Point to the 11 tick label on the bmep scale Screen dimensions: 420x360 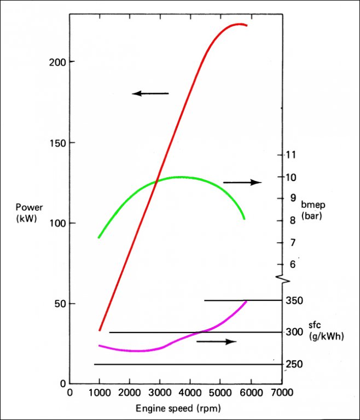pyautogui.click(x=290, y=155)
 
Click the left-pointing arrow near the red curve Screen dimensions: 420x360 pyautogui.click(x=150, y=94)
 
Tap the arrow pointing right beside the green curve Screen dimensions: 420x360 pyautogui.click(x=242, y=182)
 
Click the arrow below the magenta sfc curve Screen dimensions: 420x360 pyautogui.click(x=216, y=342)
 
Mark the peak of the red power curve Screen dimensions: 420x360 pyautogui.click(x=239, y=24)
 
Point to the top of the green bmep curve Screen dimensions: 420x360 pyautogui.click(x=181, y=177)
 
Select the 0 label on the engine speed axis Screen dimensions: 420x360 pyautogui.click(x=69, y=393)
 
